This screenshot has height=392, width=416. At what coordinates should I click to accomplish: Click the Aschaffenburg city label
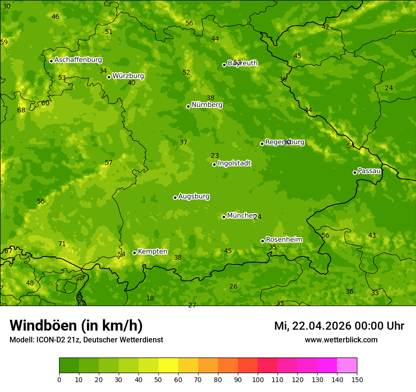click(x=78, y=60)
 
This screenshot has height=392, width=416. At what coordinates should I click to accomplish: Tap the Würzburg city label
click(x=128, y=76)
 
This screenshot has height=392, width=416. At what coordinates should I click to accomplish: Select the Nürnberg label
click(x=207, y=105)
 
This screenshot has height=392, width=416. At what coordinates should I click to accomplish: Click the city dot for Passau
click(x=355, y=172)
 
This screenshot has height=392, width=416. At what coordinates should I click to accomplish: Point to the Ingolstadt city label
click(x=234, y=163)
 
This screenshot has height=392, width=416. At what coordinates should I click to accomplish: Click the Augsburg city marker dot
click(x=175, y=197)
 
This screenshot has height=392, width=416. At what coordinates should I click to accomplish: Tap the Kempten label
click(x=152, y=252)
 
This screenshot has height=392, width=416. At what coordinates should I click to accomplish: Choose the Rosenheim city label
click(x=284, y=240)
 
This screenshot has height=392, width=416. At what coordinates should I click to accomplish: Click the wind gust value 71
click(x=62, y=244)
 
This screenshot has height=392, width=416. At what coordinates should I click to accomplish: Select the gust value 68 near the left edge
click(x=21, y=111)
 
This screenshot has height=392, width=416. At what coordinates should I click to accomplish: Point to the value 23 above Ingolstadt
click(x=215, y=156)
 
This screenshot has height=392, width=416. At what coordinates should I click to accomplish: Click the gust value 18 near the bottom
click(x=150, y=298)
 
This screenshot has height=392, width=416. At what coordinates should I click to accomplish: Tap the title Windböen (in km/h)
click(x=76, y=325)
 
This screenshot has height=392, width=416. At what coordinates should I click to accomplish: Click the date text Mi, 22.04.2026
click(x=314, y=326)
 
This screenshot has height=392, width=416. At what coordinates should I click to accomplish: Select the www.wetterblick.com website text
click(x=341, y=340)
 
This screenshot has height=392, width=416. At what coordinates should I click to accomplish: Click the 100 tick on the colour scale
click(x=258, y=379)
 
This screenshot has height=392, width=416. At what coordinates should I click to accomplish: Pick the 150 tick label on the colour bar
click(x=357, y=379)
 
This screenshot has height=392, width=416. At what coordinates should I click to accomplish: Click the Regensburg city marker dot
click(x=262, y=144)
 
